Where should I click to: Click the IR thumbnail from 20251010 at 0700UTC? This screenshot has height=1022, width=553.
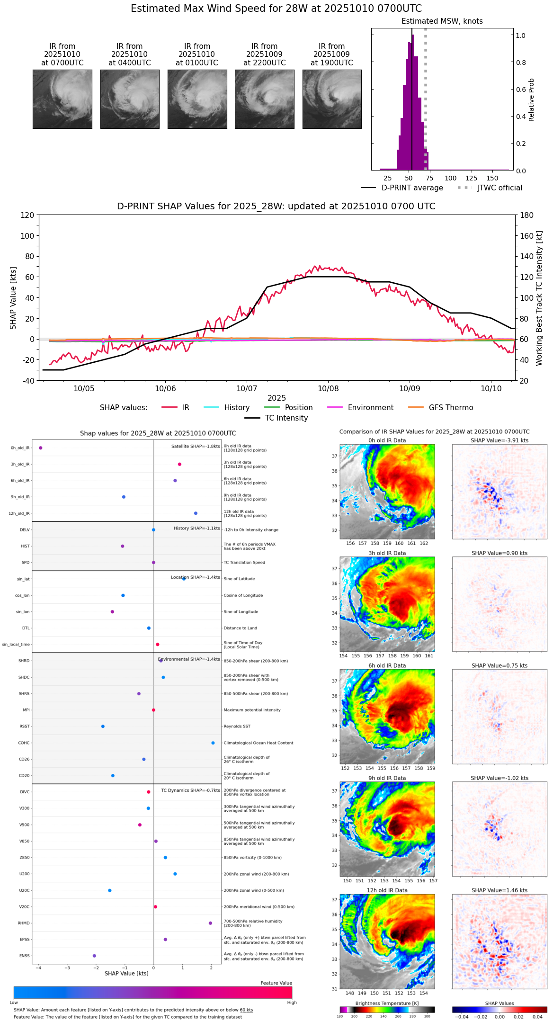pos(62,99)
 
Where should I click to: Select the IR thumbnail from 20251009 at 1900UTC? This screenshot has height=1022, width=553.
pos(331,99)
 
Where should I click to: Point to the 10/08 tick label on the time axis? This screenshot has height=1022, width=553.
pos(328,388)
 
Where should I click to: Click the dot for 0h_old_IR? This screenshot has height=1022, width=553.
pos(41,448)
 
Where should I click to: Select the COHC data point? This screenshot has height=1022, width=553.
pos(213,743)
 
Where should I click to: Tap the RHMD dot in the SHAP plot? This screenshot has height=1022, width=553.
pos(210,923)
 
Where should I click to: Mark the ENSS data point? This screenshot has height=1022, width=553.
pos(94,956)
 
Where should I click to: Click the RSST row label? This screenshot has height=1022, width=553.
pos(24,726)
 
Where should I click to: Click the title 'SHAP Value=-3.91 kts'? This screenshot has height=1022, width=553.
pos(499,440)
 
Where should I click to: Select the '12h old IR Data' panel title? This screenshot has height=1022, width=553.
pos(387,890)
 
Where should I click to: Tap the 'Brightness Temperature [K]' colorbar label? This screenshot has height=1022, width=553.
pos(387,1004)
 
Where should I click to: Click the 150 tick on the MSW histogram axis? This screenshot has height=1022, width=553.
pos(492,178)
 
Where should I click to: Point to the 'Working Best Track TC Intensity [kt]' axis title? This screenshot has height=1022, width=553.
pos(539,298)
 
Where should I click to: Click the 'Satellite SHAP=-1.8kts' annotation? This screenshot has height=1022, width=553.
pos(196,447)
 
